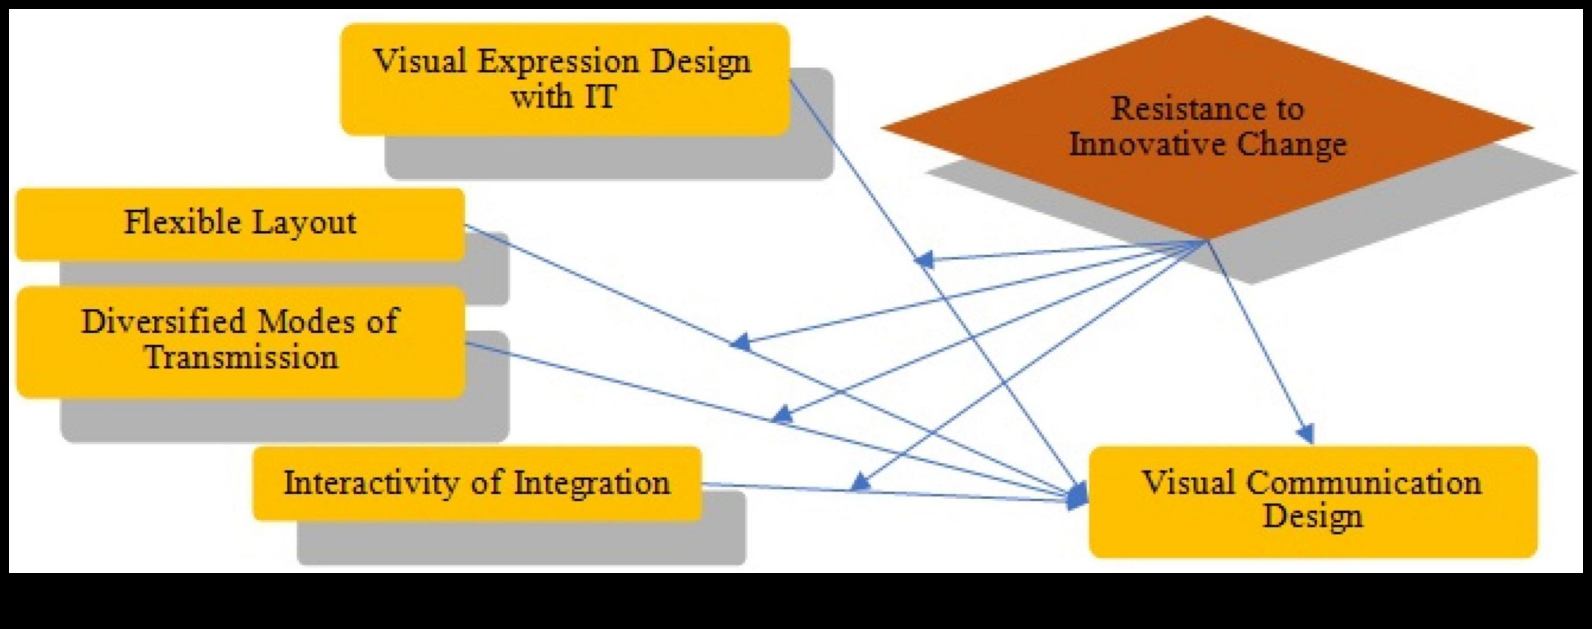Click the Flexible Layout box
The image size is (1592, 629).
pos(240,224)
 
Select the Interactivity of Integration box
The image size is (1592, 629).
pos(477,483)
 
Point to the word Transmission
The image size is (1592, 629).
pos(241,358)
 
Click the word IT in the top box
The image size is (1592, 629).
pos(597,97)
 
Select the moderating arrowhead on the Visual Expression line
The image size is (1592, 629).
pos(923,260)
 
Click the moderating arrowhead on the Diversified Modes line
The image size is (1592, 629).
pos(782,415)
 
